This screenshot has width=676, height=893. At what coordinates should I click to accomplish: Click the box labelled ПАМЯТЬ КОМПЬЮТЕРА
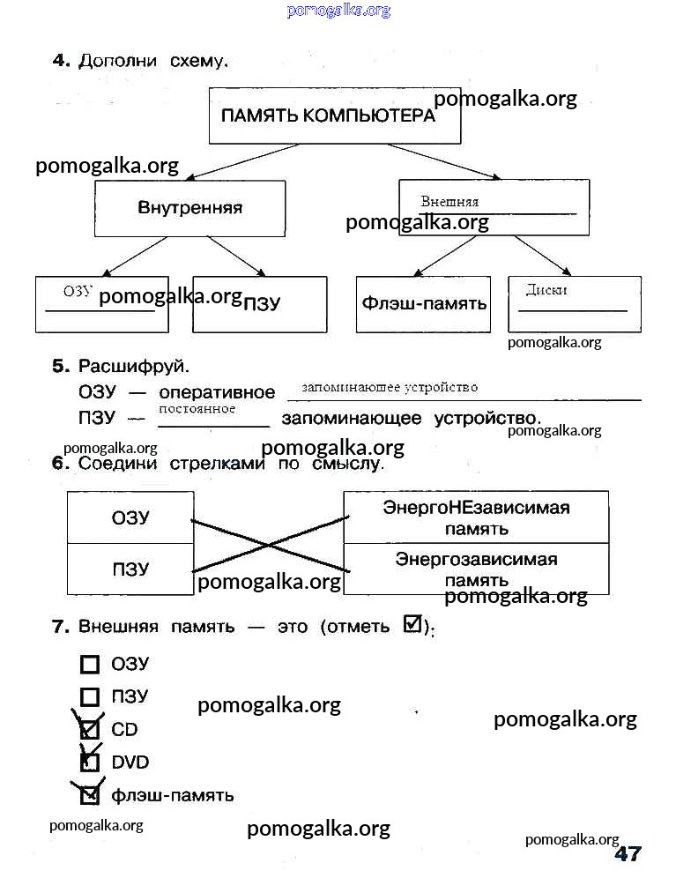(334, 115)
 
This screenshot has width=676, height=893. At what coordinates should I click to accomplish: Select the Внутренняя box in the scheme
(189, 208)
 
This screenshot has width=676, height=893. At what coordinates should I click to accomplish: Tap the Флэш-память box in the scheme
(423, 304)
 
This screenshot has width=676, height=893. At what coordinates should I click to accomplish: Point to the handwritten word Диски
(546, 290)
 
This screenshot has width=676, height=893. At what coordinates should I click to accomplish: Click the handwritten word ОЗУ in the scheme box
(78, 292)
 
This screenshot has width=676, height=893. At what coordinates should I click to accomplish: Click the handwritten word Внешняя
(449, 202)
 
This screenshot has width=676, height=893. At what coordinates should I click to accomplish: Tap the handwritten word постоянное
(197, 409)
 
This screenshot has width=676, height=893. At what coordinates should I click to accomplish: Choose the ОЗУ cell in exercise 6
(130, 517)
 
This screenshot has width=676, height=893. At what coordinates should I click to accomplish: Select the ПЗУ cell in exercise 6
(130, 569)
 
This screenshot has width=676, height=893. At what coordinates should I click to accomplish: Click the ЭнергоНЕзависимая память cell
(476, 517)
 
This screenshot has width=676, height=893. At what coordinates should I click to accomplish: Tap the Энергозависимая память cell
(476, 569)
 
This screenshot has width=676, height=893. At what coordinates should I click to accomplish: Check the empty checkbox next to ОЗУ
(89, 665)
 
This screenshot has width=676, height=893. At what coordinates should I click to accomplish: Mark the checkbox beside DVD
(89, 762)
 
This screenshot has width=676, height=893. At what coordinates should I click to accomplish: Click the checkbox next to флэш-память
(89, 795)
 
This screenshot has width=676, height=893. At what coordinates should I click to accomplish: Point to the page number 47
(627, 853)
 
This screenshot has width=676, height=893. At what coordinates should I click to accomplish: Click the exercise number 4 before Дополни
(60, 61)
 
